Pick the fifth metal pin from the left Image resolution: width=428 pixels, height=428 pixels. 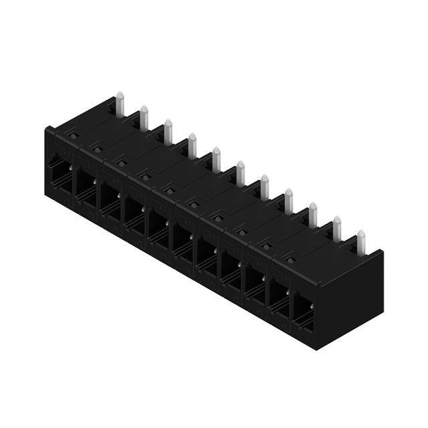coord(216,158)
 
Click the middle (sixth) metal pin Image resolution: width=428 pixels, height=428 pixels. coord(240,173)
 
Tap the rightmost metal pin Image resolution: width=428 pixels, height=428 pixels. coord(361,241)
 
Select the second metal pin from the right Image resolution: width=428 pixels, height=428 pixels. coord(337,227)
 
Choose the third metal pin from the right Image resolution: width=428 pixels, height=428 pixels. coord(312,214)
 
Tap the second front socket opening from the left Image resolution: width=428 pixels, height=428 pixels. coord(85,188)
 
